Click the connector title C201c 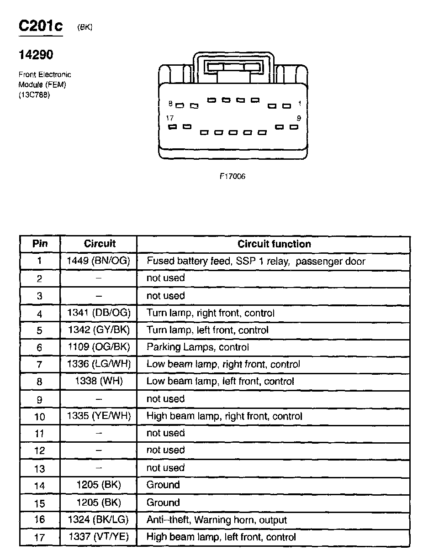coord(41,26)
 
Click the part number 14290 coord(36,55)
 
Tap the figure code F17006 coord(233,177)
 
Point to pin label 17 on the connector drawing coord(170,118)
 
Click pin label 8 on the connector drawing coord(170,104)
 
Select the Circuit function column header coord(274,244)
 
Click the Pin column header coord(40,244)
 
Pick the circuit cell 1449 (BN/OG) coord(99,261)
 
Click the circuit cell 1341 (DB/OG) coord(99,313)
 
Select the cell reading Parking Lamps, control coord(198,347)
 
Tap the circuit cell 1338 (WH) coord(99,381)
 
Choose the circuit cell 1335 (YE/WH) coord(99,416)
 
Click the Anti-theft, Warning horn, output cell coord(217,520)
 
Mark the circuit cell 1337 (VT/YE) coord(99,537)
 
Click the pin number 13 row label coord(40,468)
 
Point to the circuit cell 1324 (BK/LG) coord(99,520)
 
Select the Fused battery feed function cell coord(256,262)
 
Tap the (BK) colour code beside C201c coord(85,27)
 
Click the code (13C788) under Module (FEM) coord(34,95)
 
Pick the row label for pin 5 coord(40,330)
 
